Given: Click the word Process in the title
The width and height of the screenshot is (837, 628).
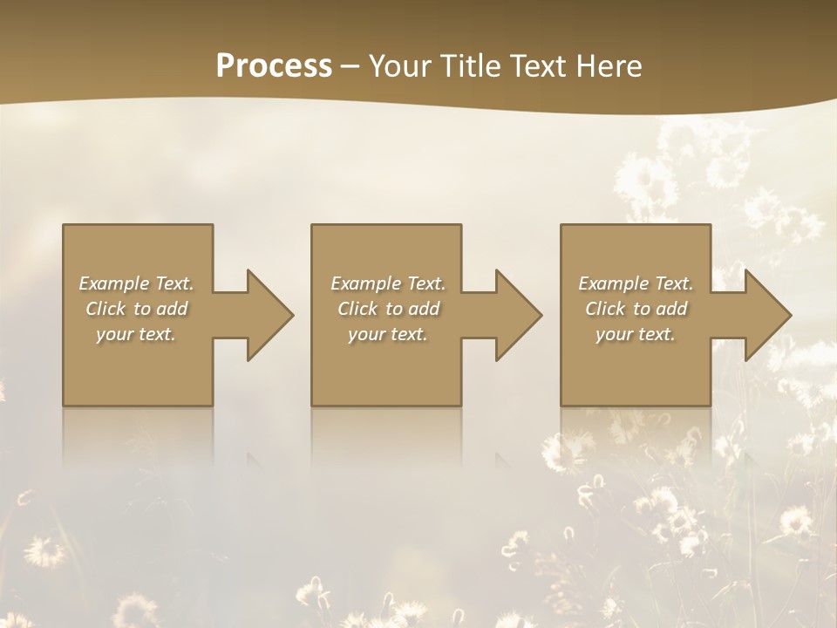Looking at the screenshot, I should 274,66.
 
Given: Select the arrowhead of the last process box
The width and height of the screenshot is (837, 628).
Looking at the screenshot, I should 766,315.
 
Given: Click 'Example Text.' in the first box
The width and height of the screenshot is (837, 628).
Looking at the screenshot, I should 137,283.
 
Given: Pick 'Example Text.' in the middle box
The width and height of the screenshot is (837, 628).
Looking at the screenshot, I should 388,283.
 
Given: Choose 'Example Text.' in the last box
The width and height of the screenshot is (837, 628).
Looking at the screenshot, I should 636,283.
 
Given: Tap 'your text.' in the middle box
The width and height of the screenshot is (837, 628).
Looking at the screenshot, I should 387,334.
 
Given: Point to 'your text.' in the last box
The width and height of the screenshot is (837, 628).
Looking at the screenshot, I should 635,334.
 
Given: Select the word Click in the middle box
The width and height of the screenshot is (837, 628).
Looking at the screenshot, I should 357,309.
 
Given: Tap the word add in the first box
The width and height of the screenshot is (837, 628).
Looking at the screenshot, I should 173,309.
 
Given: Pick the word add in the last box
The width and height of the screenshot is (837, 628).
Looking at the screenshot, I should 672,309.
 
